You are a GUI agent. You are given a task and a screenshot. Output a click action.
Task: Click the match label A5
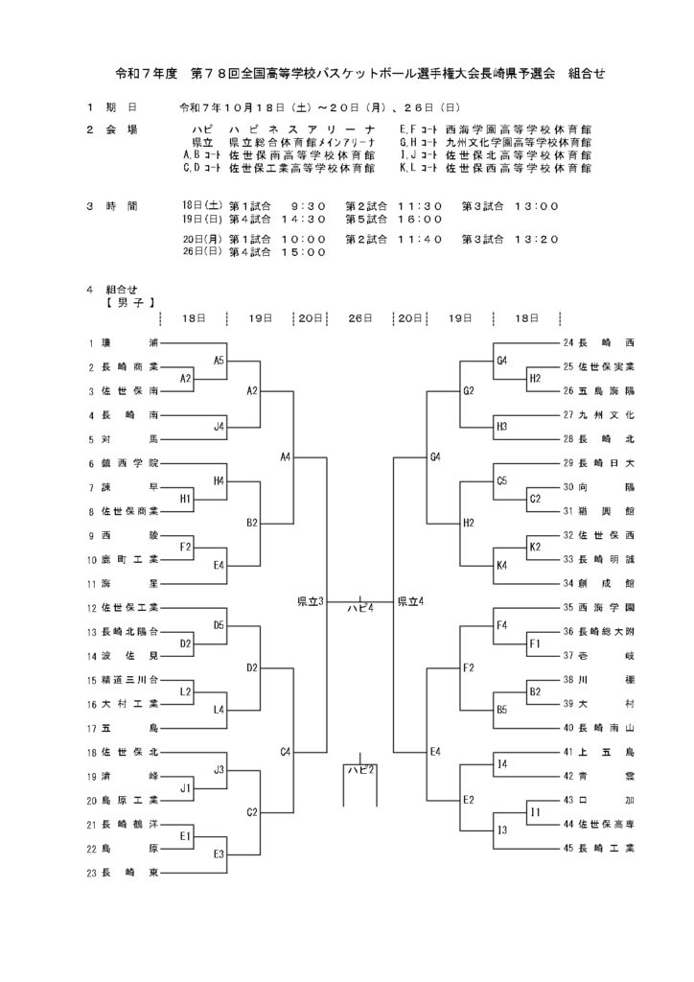[x=219, y=361]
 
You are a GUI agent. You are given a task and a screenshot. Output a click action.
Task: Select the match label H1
[x=186, y=499]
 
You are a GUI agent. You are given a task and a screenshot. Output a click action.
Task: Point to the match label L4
[x=219, y=710]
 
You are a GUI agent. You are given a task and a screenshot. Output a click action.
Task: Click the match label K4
[x=501, y=566]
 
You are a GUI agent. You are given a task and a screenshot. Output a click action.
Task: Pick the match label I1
[x=535, y=812]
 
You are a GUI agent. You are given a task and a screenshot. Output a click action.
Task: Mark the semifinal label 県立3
[x=310, y=601]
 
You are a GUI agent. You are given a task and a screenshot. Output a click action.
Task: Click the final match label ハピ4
[x=359, y=607]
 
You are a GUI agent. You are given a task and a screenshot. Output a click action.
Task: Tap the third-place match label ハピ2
[x=359, y=769]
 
